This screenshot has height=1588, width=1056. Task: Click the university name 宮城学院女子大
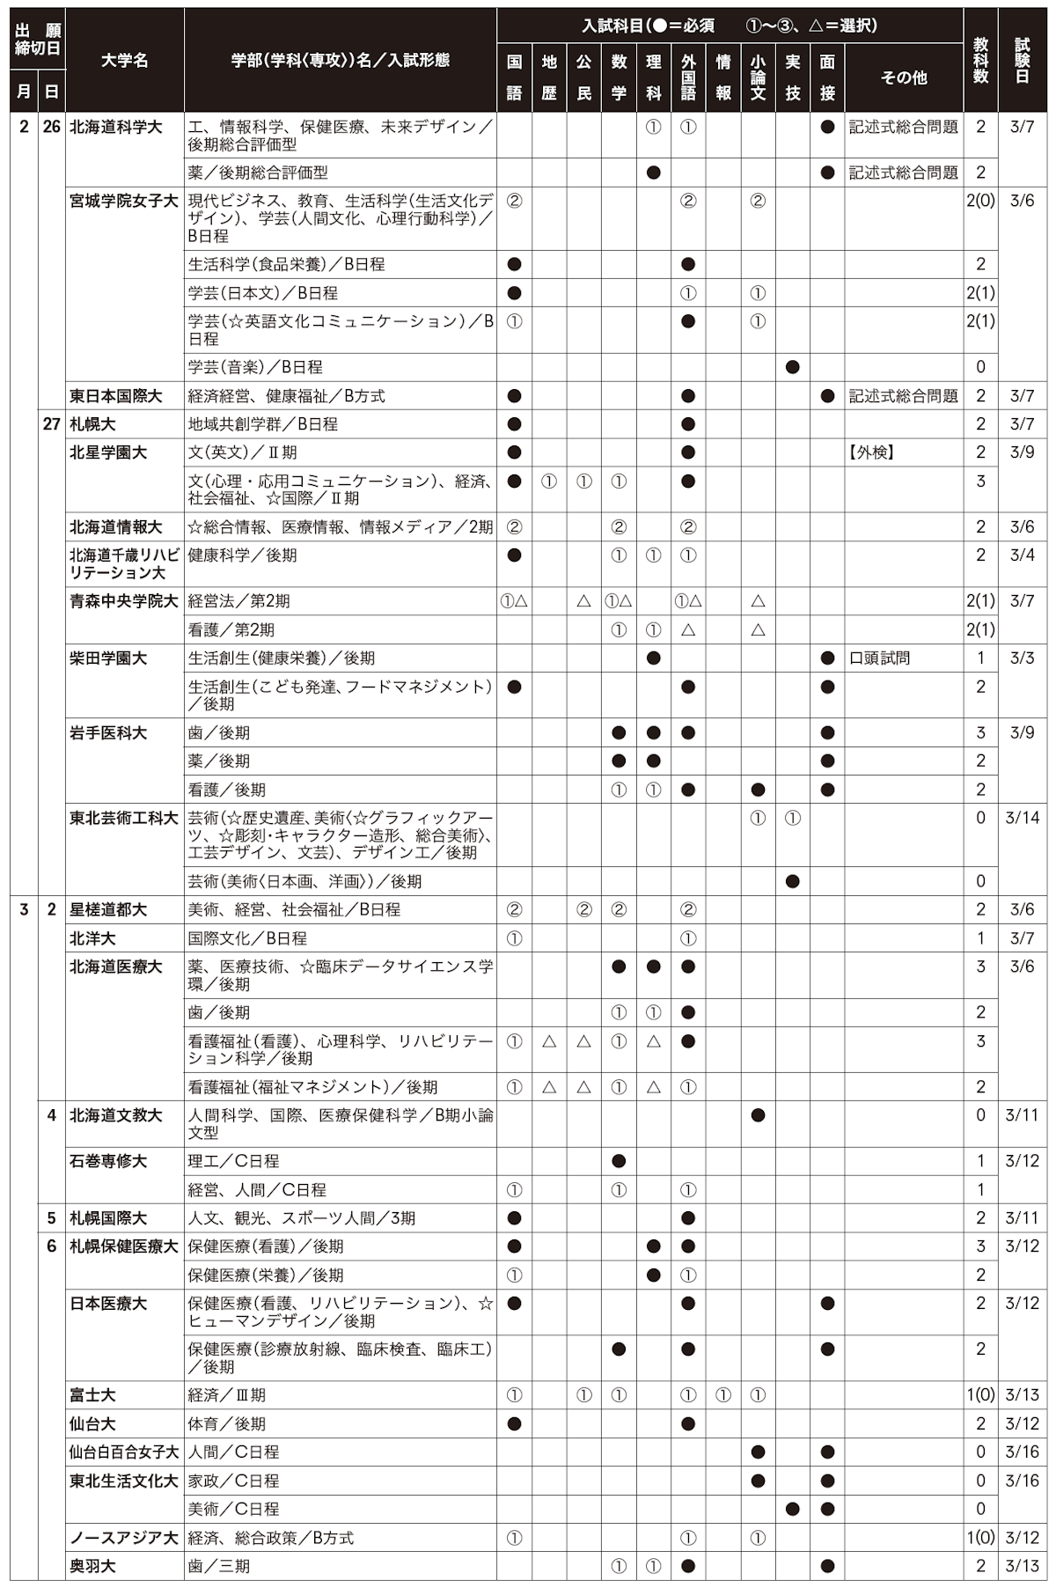coord(124,201)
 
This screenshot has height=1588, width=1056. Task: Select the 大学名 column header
coord(124,60)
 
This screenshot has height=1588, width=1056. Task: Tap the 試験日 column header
coord(1022,60)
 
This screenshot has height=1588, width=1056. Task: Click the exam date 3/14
coord(1022,818)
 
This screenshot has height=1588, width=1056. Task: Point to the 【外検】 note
coord(872,452)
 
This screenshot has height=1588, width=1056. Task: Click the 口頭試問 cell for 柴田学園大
coord(879,658)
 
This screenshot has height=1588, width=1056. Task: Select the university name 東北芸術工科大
coord(124,818)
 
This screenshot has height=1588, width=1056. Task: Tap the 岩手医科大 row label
coord(108,732)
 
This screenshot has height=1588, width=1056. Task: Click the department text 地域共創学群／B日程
coord(263,424)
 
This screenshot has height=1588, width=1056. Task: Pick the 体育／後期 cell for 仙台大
coord(226,1423)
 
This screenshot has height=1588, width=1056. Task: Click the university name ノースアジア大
coord(124,1538)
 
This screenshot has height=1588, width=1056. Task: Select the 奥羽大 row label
coord(92,1566)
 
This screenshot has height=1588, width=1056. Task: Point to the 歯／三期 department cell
coord(218,1566)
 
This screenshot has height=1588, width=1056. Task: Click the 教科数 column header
coord(980,60)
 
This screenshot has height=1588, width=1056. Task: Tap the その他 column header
coord(904,77)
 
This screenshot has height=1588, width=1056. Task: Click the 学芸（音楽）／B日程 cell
coord(255,367)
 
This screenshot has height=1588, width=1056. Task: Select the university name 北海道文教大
coord(116,1115)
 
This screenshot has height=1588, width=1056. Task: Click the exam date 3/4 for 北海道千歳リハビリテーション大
coord(1022,555)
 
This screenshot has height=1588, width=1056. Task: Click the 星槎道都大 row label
coord(108,909)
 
